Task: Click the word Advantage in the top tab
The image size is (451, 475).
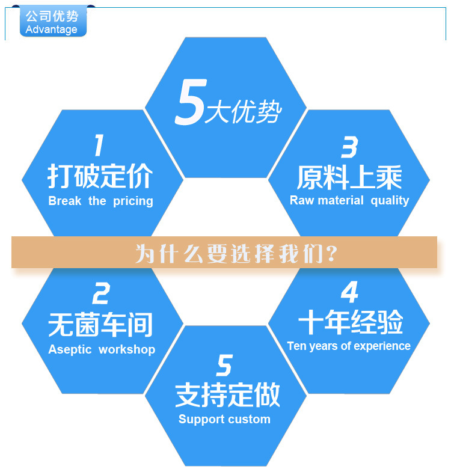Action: pos(52,29)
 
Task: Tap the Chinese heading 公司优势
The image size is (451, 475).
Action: pos(52,16)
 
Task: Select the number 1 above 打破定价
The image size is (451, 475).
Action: pos(99,146)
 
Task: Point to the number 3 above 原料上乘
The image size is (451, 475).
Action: pos(349,147)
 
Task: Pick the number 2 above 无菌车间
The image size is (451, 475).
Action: pos(101,294)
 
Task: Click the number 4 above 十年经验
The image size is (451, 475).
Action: pos(349,292)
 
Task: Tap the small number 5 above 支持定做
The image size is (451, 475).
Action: pos(224,365)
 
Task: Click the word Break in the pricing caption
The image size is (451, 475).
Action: pos(64,201)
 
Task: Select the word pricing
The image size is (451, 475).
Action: pos(133,201)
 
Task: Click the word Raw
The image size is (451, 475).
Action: pos(302,200)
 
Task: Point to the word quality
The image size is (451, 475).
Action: pos(390,201)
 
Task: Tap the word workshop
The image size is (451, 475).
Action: pos(127,349)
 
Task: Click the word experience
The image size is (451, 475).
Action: pos(382,346)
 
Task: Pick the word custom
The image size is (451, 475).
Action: pos(251,419)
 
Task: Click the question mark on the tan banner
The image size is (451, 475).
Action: pos(330,253)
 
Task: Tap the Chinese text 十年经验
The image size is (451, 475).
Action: pos(350,323)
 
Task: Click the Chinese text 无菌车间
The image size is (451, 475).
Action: pos(100,325)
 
